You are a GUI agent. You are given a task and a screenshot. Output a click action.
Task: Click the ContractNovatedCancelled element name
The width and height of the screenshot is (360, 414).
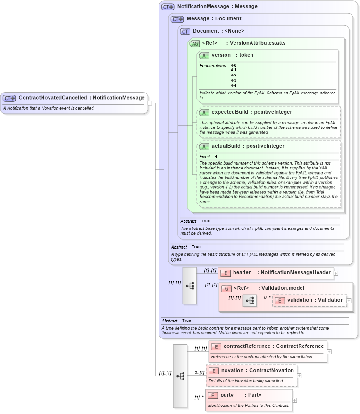click(52, 98)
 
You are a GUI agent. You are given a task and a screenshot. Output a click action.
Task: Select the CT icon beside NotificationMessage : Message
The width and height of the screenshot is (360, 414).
click(167, 7)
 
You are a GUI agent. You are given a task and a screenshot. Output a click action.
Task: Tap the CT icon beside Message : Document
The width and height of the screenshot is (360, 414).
click(177, 19)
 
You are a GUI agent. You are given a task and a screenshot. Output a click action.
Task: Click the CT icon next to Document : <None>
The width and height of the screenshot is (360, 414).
click(185, 31)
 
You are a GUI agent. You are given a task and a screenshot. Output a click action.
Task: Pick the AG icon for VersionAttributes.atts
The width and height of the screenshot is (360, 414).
click(194, 43)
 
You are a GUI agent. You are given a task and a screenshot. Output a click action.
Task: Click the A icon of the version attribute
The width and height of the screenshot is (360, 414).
click(204, 55)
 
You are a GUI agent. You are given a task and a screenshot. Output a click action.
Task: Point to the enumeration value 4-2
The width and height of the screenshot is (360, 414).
click(234, 75)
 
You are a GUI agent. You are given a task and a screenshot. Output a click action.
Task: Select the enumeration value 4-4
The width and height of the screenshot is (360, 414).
click(234, 85)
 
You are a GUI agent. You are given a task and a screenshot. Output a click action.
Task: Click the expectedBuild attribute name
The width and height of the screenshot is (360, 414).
click(228, 112)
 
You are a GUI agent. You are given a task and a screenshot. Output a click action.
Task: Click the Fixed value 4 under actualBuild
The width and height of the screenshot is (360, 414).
click(216, 156)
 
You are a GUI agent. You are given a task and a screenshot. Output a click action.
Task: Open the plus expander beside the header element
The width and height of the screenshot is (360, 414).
click(336, 273)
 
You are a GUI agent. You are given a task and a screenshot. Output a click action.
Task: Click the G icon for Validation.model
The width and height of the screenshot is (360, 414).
click(226, 288)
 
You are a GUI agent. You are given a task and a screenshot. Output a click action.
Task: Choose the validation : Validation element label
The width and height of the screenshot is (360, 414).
click(315, 300)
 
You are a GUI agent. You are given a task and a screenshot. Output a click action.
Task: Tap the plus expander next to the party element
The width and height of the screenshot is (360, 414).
click(294, 400)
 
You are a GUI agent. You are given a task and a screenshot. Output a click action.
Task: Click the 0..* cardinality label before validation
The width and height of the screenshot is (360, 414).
click(267, 297)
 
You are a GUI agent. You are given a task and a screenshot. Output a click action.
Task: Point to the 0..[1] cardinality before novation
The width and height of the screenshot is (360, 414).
click(199, 372)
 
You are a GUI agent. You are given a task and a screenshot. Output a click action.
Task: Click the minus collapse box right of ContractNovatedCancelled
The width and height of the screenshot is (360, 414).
click(150, 103)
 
